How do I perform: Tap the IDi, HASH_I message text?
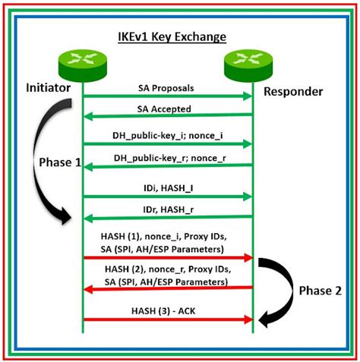167,187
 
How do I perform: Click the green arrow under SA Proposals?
167,96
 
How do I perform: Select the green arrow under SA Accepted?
167,116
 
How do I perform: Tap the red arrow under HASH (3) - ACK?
167,320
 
